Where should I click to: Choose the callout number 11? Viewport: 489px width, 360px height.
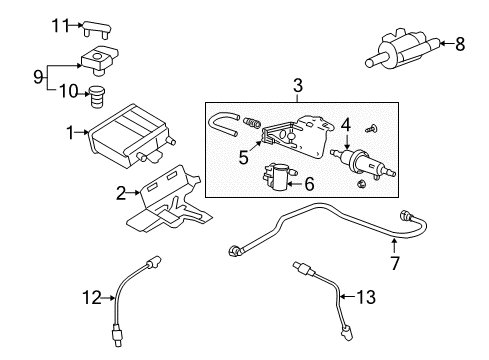pyautogui.click(x=59, y=25)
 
